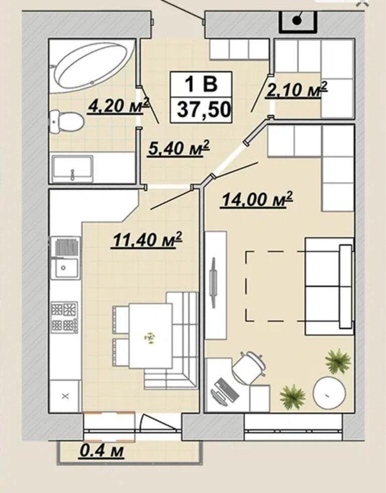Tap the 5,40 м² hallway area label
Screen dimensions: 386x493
click(x=179, y=147)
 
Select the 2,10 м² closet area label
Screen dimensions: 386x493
click(x=297, y=90)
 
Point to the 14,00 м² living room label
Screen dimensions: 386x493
click(x=257, y=199)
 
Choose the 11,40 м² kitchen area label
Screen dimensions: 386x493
click(x=147, y=240)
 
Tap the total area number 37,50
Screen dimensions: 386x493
click(x=204, y=110)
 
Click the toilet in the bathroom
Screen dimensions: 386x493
click(x=66, y=122)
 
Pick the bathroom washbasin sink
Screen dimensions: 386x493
click(x=72, y=169)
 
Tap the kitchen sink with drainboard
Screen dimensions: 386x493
click(x=65, y=258)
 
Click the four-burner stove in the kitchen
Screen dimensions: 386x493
click(x=65, y=317)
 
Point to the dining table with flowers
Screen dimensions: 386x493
click(x=150, y=336)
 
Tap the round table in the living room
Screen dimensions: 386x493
click(x=330, y=392)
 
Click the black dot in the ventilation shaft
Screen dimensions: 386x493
click(x=297, y=21)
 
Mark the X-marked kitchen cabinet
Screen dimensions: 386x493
click(x=65, y=396)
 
